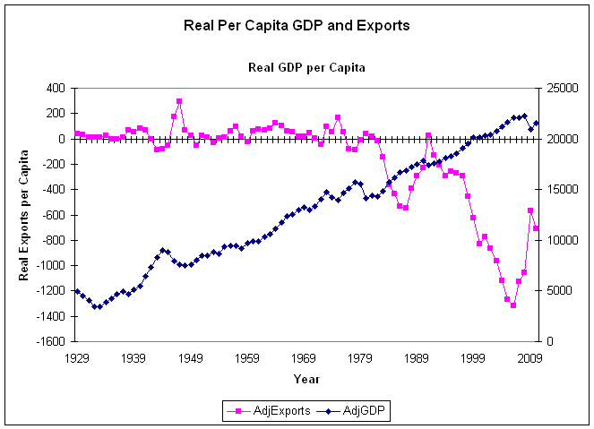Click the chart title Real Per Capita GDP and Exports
coord(296,26)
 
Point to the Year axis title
coord(306,379)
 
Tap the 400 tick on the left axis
coord(56,89)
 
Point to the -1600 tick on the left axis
coord(52,341)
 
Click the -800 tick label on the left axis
coord(55,240)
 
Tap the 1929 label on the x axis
coord(77,358)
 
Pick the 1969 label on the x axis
coord(306,358)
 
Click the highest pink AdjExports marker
coord(179,101)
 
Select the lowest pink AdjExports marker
coord(513,305)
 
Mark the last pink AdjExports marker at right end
coord(536,228)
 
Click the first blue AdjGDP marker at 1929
coord(77,291)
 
